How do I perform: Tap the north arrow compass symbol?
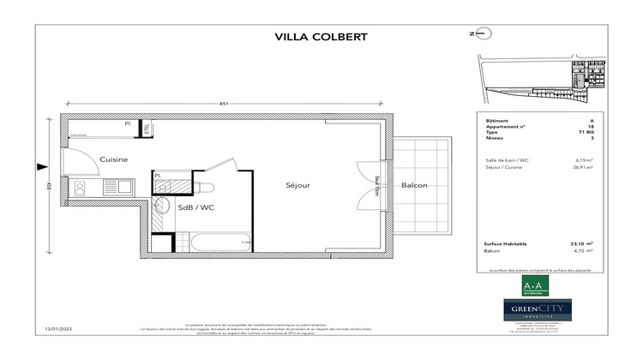click(482, 33)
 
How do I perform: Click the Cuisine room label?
click(113, 160)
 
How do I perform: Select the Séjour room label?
click(297, 185)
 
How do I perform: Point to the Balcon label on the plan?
click(413, 185)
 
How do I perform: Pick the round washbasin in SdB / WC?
click(160, 205)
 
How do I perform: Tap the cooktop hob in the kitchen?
click(80, 186)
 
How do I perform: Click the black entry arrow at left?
click(41, 167)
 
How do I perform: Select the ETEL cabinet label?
click(147, 129)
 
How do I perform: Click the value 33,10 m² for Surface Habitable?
click(583, 244)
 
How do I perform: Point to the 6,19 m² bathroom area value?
click(585, 160)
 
